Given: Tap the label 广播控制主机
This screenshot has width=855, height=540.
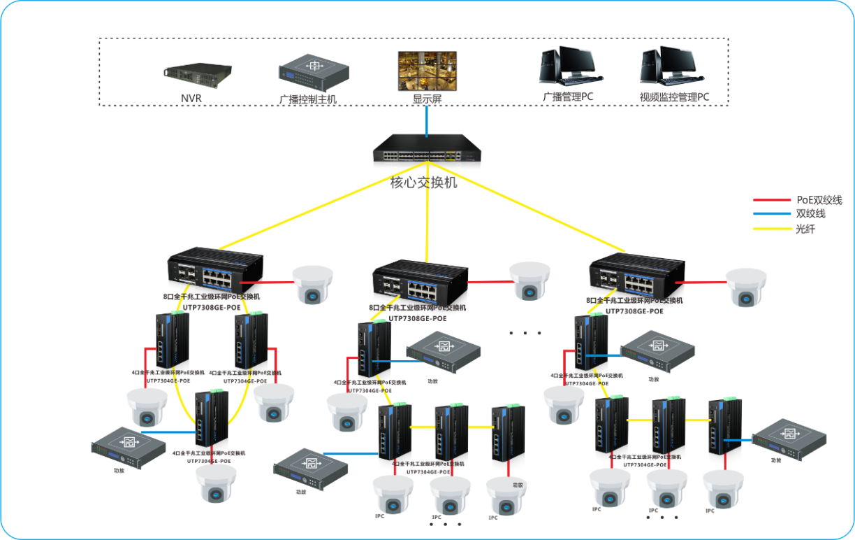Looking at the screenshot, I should pyautogui.click(x=307, y=99).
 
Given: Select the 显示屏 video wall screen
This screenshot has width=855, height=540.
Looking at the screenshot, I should pyautogui.click(x=427, y=70).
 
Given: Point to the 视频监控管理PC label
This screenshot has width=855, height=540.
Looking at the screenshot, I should pyautogui.click(x=674, y=97).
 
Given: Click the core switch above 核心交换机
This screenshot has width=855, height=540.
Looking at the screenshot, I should pyautogui.click(x=426, y=149).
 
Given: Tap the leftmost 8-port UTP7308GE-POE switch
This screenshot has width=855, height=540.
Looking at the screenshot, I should pyautogui.click(x=215, y=273).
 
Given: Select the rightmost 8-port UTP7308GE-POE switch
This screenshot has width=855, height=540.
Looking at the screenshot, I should pyautogui.click(x=636, y=277).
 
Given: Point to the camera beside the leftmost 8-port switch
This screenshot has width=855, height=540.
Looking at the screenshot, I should pyautogui.click(x=312, y=284).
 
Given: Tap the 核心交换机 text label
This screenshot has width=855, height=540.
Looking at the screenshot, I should pyautogui.click(x=423, y=183).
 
